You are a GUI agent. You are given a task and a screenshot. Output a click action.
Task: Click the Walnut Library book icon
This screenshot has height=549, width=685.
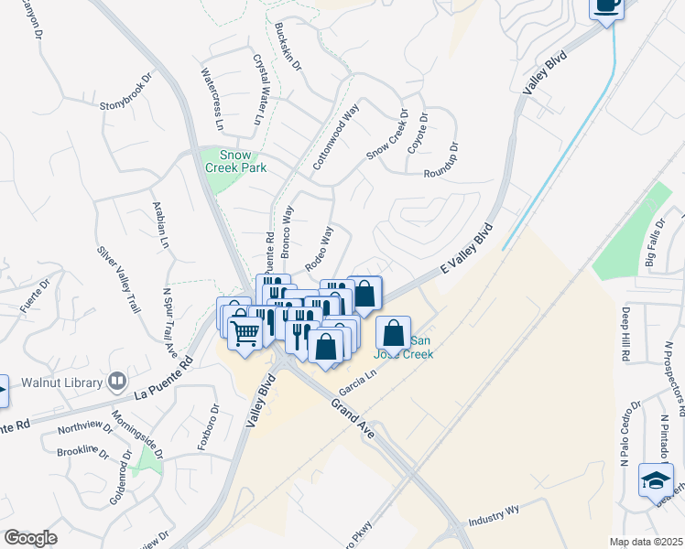point(116,380)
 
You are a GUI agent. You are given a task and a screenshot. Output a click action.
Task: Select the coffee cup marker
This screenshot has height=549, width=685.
point(605,5)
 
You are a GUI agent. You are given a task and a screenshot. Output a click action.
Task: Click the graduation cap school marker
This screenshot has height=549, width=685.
point(656,481)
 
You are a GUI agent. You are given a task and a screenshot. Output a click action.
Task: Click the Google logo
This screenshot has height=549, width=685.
point(30,538)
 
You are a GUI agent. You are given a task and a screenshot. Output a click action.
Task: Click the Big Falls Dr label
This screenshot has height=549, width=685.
point(656,242)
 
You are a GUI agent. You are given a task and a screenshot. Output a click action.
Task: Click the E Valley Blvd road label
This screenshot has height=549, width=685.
point(466,250)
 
